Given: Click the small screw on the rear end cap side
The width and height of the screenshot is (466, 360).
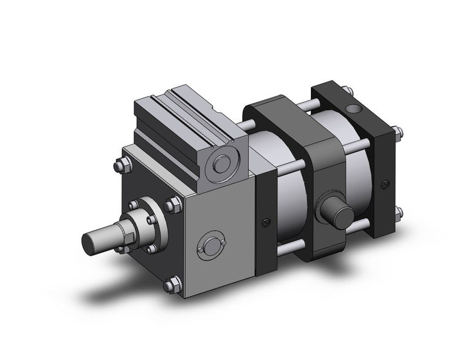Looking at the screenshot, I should [384, 183].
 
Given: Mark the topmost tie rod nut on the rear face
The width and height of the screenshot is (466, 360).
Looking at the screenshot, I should [399, 130].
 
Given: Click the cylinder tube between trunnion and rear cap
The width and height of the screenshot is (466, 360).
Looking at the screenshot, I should [359, 178].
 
